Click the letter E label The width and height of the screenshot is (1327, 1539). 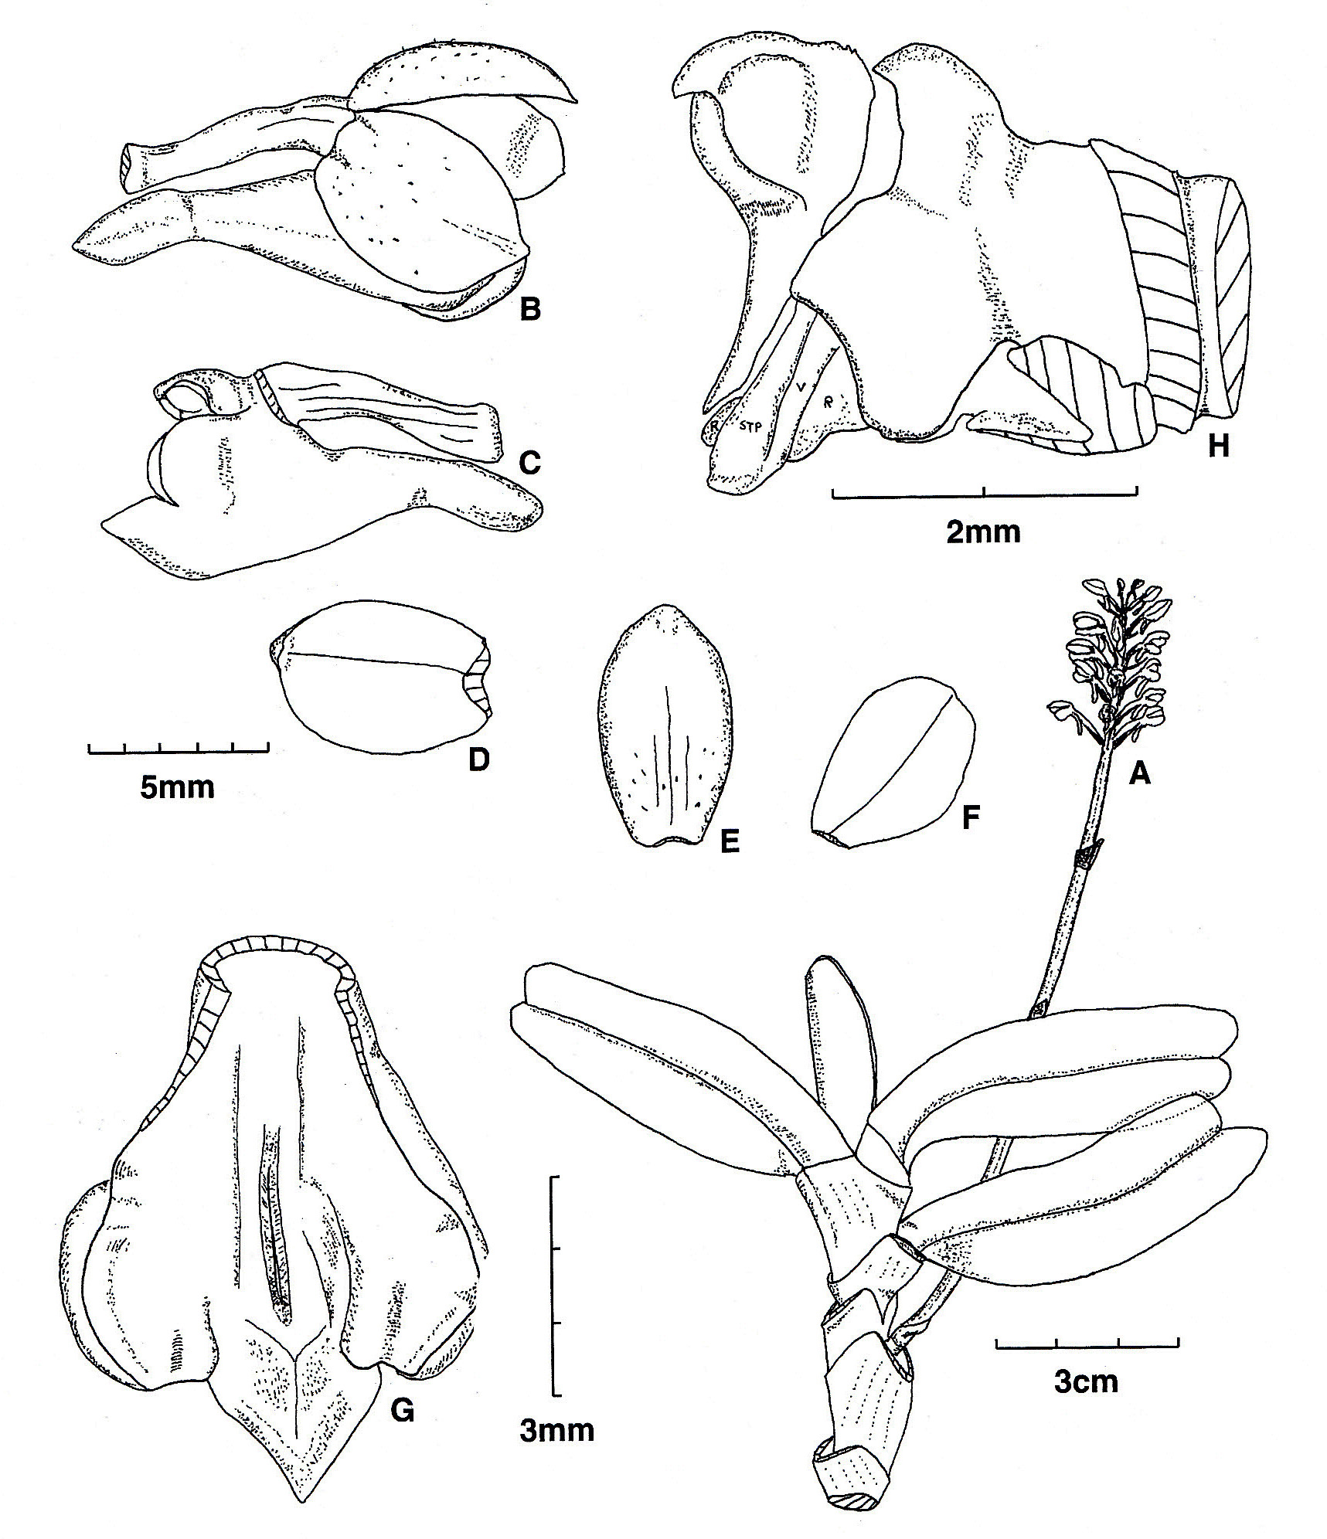pyautogui.click(x=729, y=841)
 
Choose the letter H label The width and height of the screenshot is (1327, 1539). pyautogui.click(x=1219, y=446)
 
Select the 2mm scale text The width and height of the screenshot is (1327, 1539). pyautogui.click(x=983, y=532)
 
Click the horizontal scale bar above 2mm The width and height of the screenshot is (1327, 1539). pyautogui.click(x=984, y=491)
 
